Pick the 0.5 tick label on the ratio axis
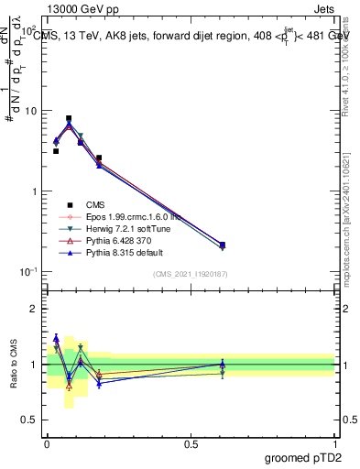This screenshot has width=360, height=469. (x=29, y=420)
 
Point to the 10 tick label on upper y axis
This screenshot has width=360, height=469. (x=30, y=111)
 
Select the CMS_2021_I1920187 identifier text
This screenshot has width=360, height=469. (x=190, y=274)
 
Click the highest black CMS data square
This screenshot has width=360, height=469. (x=69, y=118)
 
